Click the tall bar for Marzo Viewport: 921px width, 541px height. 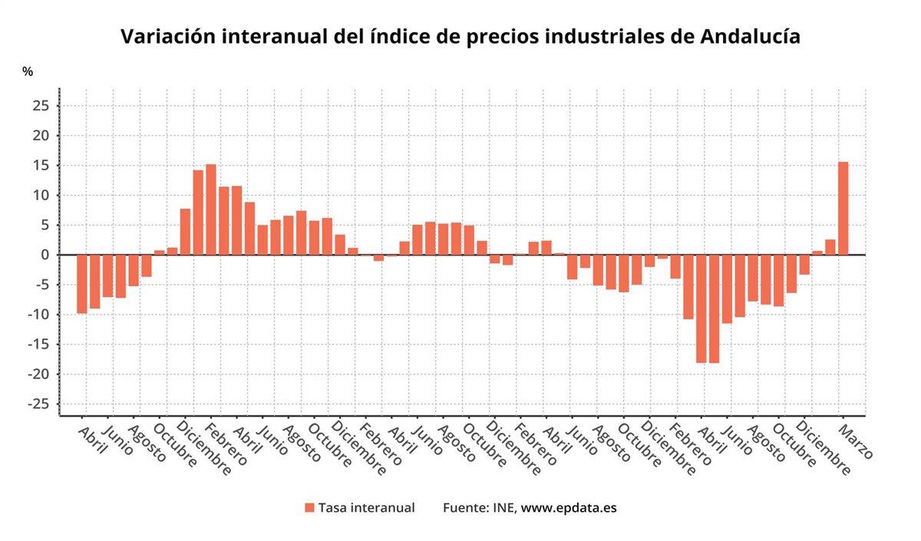843,208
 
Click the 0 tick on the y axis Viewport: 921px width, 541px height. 45,255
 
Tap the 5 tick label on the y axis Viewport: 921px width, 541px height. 45,225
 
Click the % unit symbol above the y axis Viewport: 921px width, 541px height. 28,71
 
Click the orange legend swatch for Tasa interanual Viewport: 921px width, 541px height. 309,508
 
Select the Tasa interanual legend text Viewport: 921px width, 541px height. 366,508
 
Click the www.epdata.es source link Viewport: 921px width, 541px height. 569,508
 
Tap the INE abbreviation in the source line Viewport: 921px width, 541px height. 504,508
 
